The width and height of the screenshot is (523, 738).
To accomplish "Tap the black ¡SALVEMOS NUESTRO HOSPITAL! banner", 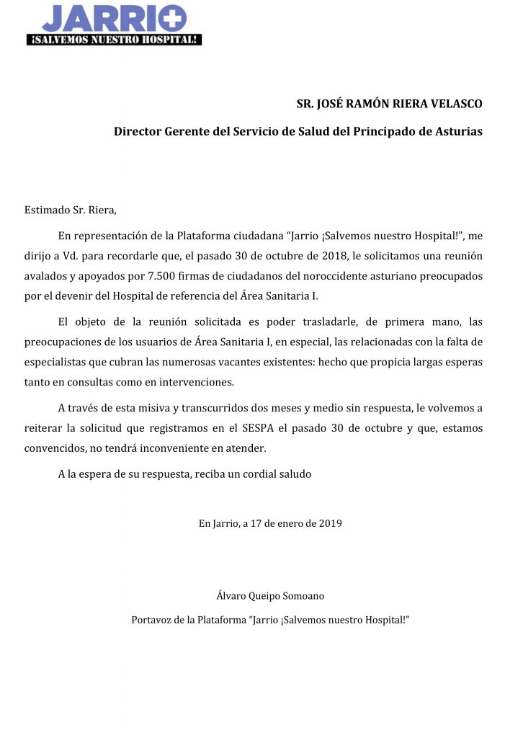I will point(114,40).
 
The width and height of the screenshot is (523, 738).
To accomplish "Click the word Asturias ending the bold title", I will point(457,132).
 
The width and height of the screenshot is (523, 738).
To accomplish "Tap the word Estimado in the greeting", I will point(48,210).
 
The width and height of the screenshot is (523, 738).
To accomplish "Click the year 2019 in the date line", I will point(329,523).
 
